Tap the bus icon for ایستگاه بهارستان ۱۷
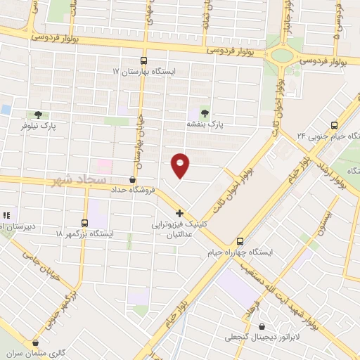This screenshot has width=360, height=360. (x=143, y=60)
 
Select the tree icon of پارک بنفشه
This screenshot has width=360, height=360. (x=205, y=112)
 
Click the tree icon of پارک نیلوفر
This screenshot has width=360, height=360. (x=38, y=114)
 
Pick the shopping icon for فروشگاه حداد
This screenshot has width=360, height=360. (x=134, y=179)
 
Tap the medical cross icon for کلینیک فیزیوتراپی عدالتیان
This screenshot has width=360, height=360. (x=179, y=213)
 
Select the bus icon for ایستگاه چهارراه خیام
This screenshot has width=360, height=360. (x=240, y=239)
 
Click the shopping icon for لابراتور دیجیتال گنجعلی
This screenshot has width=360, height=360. (x=262, y=326)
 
